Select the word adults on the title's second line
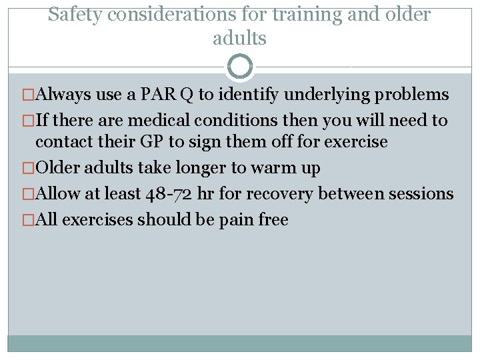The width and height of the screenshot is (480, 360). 239,39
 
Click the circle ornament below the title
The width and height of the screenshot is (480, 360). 240,67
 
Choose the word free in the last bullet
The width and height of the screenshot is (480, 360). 274,220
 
